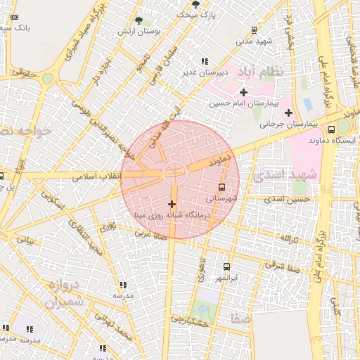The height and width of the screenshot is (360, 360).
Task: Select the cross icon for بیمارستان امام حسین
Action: click(243, 92)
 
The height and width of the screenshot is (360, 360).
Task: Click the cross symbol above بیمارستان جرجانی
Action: click(288, 112)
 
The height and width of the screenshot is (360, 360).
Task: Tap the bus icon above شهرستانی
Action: click(222, 187)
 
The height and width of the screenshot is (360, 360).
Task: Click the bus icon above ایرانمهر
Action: click(226, 267)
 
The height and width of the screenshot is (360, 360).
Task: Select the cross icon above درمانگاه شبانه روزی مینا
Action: click(172, 204)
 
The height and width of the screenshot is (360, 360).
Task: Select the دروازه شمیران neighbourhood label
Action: click(65, 295)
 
